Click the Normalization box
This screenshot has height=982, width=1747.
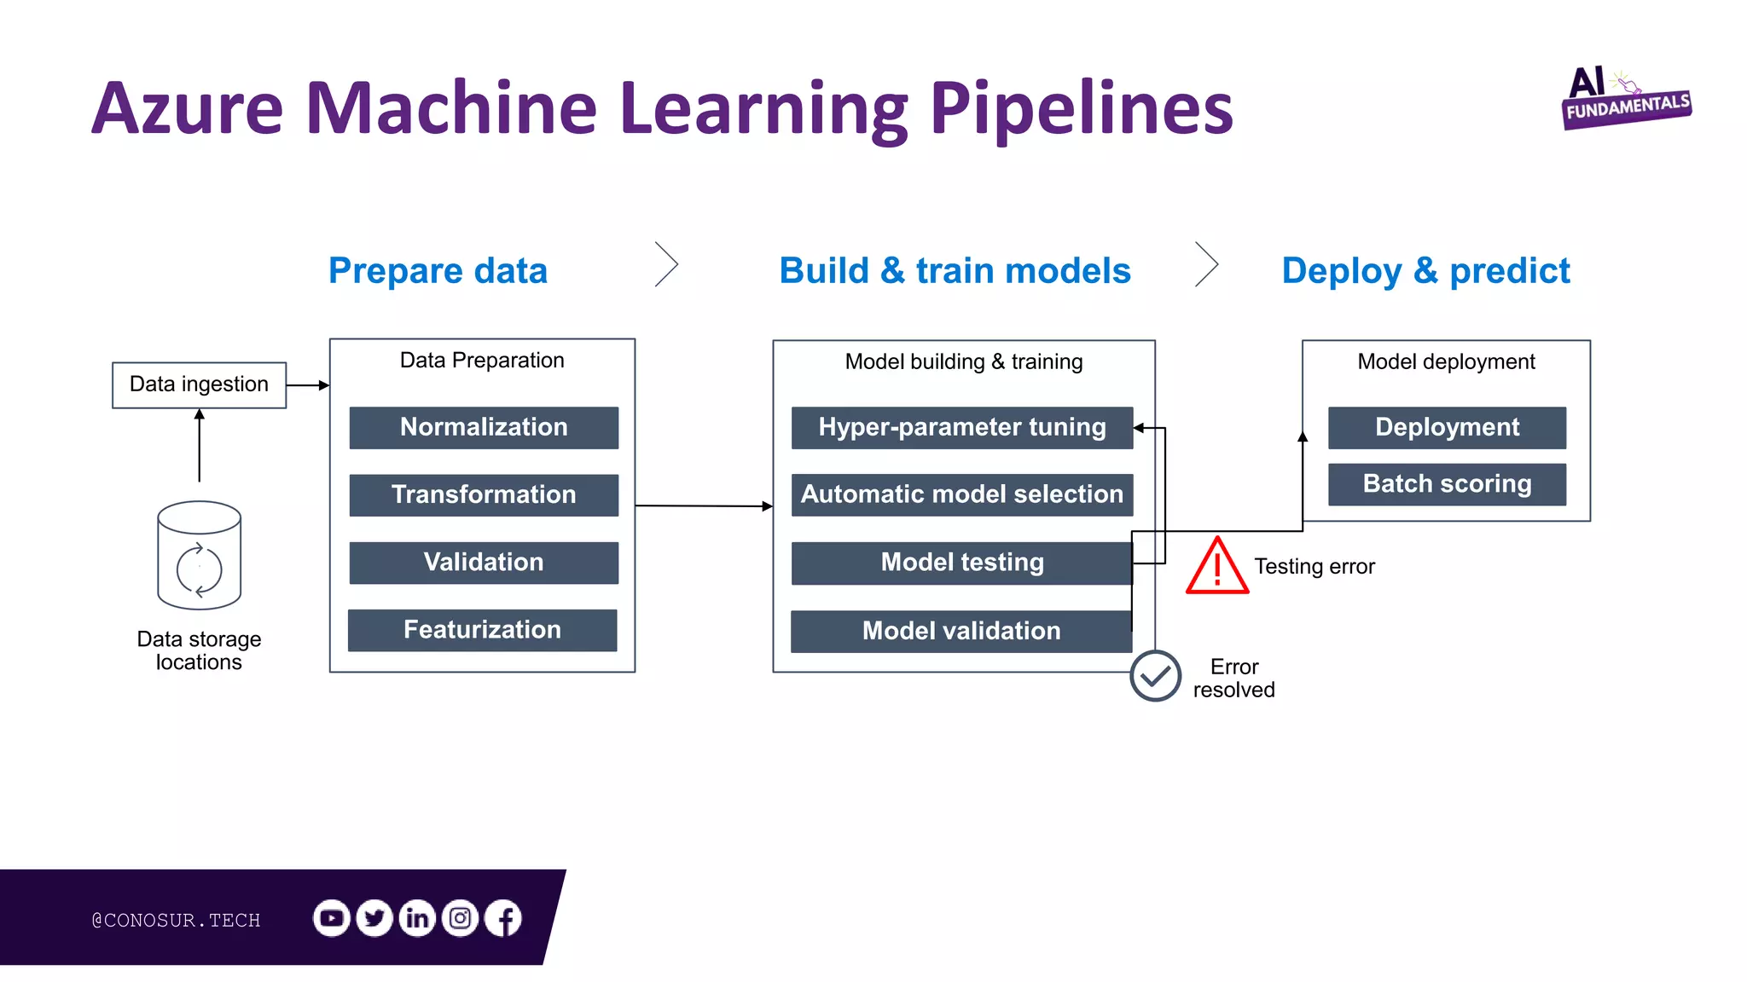[x=484, y=427]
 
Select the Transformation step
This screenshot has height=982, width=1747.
[x=484, y=494]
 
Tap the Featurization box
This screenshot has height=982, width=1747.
[x=482, y=630]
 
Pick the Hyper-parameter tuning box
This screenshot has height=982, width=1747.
[x=961, y=427]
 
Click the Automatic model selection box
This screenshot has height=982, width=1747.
[x=961, y=494]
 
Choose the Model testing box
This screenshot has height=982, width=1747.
[x=961, y=563]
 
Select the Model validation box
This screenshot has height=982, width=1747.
[x=961, y=631]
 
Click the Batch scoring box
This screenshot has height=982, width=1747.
[x=1447, y=484]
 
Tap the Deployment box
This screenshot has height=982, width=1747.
[x=1447, y=427]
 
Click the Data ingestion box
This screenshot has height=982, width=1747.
[x=199, y=384]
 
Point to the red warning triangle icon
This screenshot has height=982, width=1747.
[x=1217, y=567]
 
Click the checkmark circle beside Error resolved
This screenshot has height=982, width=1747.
[x=1155, y=676]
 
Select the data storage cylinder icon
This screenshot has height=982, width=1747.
[x=199, y=555]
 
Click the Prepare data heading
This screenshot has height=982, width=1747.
[x=438, y=271]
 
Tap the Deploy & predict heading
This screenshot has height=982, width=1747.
[x=1425, y=271]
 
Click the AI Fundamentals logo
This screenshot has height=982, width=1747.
[x=1625, y=99]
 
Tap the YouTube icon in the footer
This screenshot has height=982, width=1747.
[x=331, y=918]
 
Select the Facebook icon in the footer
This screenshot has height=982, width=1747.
[x=503, y=918]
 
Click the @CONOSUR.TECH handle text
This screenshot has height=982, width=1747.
[x=176, y=920]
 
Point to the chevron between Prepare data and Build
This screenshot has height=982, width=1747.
[x=667, y=264]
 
